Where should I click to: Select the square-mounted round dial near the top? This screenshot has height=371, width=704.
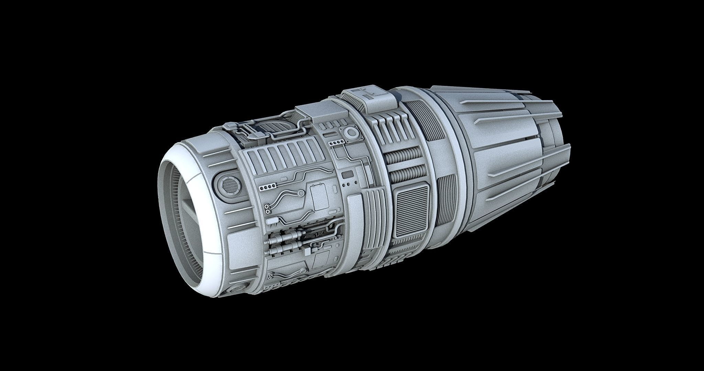pyautogui.click(x=351, y=133)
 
